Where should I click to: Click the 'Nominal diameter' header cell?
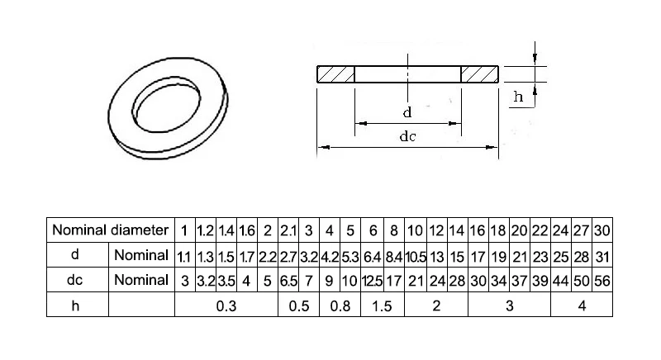click(110, 229)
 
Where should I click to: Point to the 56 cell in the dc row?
click(602, 281)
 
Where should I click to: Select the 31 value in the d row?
click(602, 255)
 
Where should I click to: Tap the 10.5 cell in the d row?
click(416, 255)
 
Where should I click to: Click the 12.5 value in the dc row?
click(373, 281)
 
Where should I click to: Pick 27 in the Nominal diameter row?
click(583, 229)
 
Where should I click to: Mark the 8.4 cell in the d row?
click(394, 255)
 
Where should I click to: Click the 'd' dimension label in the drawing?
click(407, 111)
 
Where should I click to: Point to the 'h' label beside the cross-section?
click(518, 97)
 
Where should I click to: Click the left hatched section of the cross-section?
click(335, 73)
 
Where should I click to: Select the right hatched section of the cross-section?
click(479, 73)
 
